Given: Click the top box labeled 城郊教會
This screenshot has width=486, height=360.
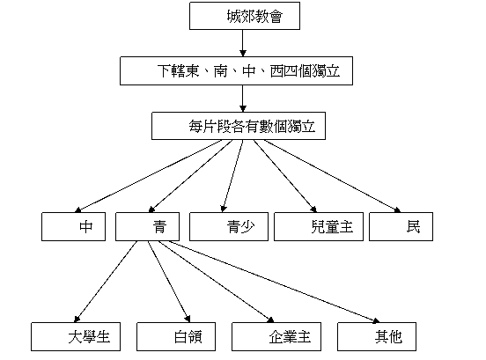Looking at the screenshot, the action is [245, 16].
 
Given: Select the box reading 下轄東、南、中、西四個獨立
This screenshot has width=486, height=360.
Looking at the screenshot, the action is [236, 70].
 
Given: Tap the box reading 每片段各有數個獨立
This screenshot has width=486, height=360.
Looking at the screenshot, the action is [239, 126].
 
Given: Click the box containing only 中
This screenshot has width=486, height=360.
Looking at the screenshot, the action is [73, 226].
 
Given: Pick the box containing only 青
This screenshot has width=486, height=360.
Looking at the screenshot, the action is [147, 226].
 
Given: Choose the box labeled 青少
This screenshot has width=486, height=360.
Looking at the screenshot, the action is [229, 226].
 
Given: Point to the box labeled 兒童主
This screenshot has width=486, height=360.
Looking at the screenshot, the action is [319, 226].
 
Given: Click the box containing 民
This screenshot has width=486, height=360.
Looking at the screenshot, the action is [401, 226].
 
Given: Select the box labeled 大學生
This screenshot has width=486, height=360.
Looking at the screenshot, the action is [76, 336].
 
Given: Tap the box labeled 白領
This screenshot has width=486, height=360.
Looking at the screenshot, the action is [176, 336].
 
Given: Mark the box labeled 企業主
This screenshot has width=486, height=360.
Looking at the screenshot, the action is [276, 336].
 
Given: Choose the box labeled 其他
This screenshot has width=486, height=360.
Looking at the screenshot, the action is [377, 336].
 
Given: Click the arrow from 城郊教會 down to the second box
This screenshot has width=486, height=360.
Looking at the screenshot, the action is [243, 43].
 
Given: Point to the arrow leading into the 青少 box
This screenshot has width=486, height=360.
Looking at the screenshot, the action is [232, 176].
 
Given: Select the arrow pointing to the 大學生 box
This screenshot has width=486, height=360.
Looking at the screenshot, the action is [106, 282].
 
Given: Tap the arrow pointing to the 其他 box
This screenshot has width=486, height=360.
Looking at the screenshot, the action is [275, 282].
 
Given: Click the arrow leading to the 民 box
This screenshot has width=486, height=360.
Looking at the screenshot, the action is [332, 176].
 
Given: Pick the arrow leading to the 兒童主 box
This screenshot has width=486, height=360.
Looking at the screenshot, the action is [285, 176].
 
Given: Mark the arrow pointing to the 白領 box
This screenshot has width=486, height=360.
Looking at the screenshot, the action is [169, 282].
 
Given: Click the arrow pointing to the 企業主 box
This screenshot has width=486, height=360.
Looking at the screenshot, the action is [217, 282].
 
